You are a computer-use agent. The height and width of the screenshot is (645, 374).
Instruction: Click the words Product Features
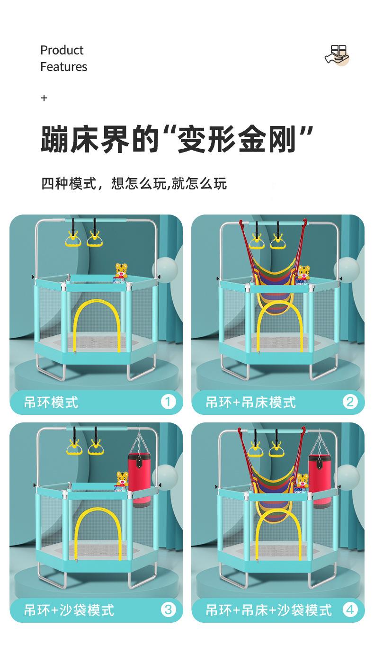[x=63, y=58]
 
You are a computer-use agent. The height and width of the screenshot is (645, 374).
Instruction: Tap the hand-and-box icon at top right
[x=337, y=55]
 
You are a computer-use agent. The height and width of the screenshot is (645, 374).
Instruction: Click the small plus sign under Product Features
[x=44, y=98]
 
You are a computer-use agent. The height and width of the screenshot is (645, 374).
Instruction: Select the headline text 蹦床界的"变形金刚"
[x=177, y=138]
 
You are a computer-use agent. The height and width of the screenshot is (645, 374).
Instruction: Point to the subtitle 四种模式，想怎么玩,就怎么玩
[x=134, y=183]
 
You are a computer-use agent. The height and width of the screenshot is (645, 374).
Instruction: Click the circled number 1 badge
[x=168, y=402]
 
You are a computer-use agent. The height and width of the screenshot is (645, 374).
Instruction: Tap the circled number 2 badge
[x=350, y=402]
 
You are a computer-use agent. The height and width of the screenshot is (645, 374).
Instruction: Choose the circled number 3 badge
[x=168, y=609]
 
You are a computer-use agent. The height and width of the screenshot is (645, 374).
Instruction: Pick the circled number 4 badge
[x=350, y=609]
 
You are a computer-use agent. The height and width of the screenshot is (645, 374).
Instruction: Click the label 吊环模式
[x=51, y=403]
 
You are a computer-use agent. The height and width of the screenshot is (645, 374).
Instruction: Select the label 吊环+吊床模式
[x=250, y=403]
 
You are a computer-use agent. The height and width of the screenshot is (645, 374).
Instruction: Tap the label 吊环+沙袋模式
[x=69, y=610]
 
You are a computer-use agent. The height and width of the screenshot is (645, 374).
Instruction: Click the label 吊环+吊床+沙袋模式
[x=268, y=610]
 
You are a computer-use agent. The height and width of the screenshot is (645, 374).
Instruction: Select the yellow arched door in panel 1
[x=98, y=327]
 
